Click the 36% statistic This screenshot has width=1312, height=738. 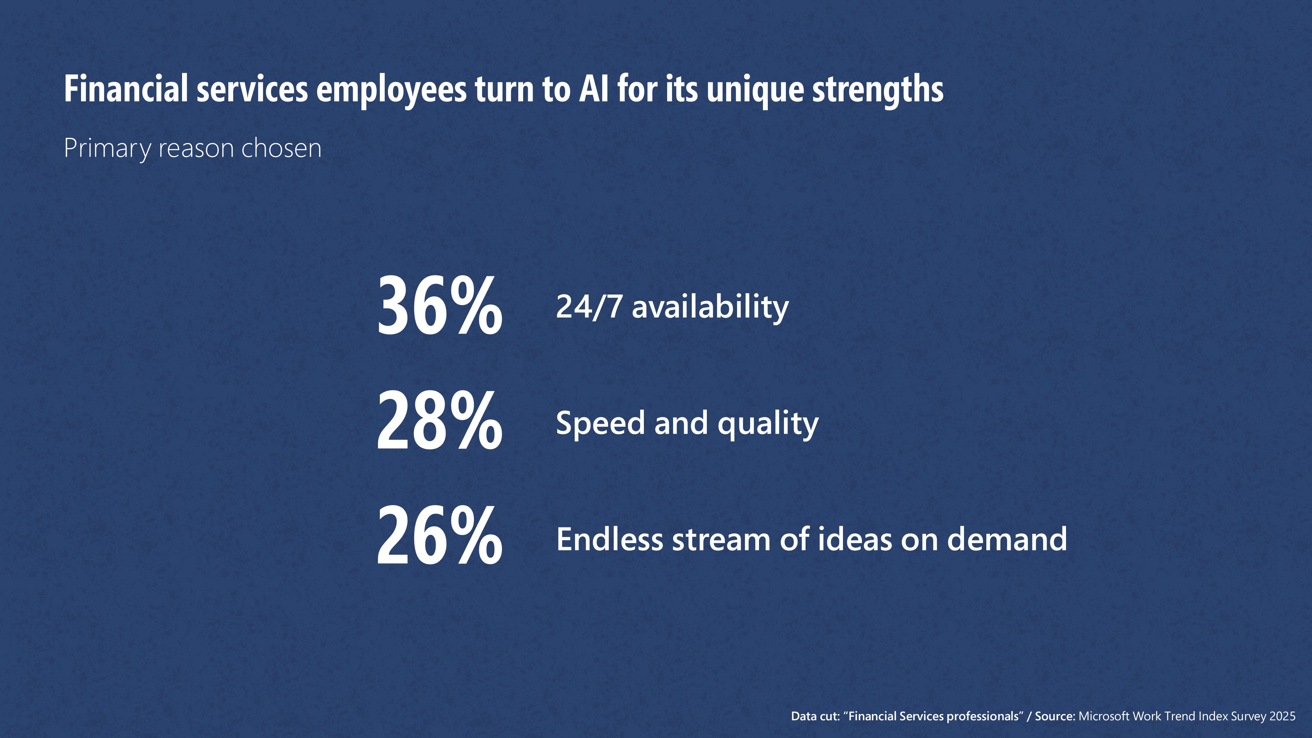point(439,306)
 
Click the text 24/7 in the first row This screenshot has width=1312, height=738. point(589,307)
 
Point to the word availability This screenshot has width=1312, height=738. point(710,308)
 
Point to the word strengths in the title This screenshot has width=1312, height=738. point(877,91)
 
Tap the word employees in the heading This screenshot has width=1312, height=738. point(391,91)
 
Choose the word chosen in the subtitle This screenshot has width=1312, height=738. point(281,148)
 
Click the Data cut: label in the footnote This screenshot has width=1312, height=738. point(815,716)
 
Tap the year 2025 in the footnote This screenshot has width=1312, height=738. point(1282,716)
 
